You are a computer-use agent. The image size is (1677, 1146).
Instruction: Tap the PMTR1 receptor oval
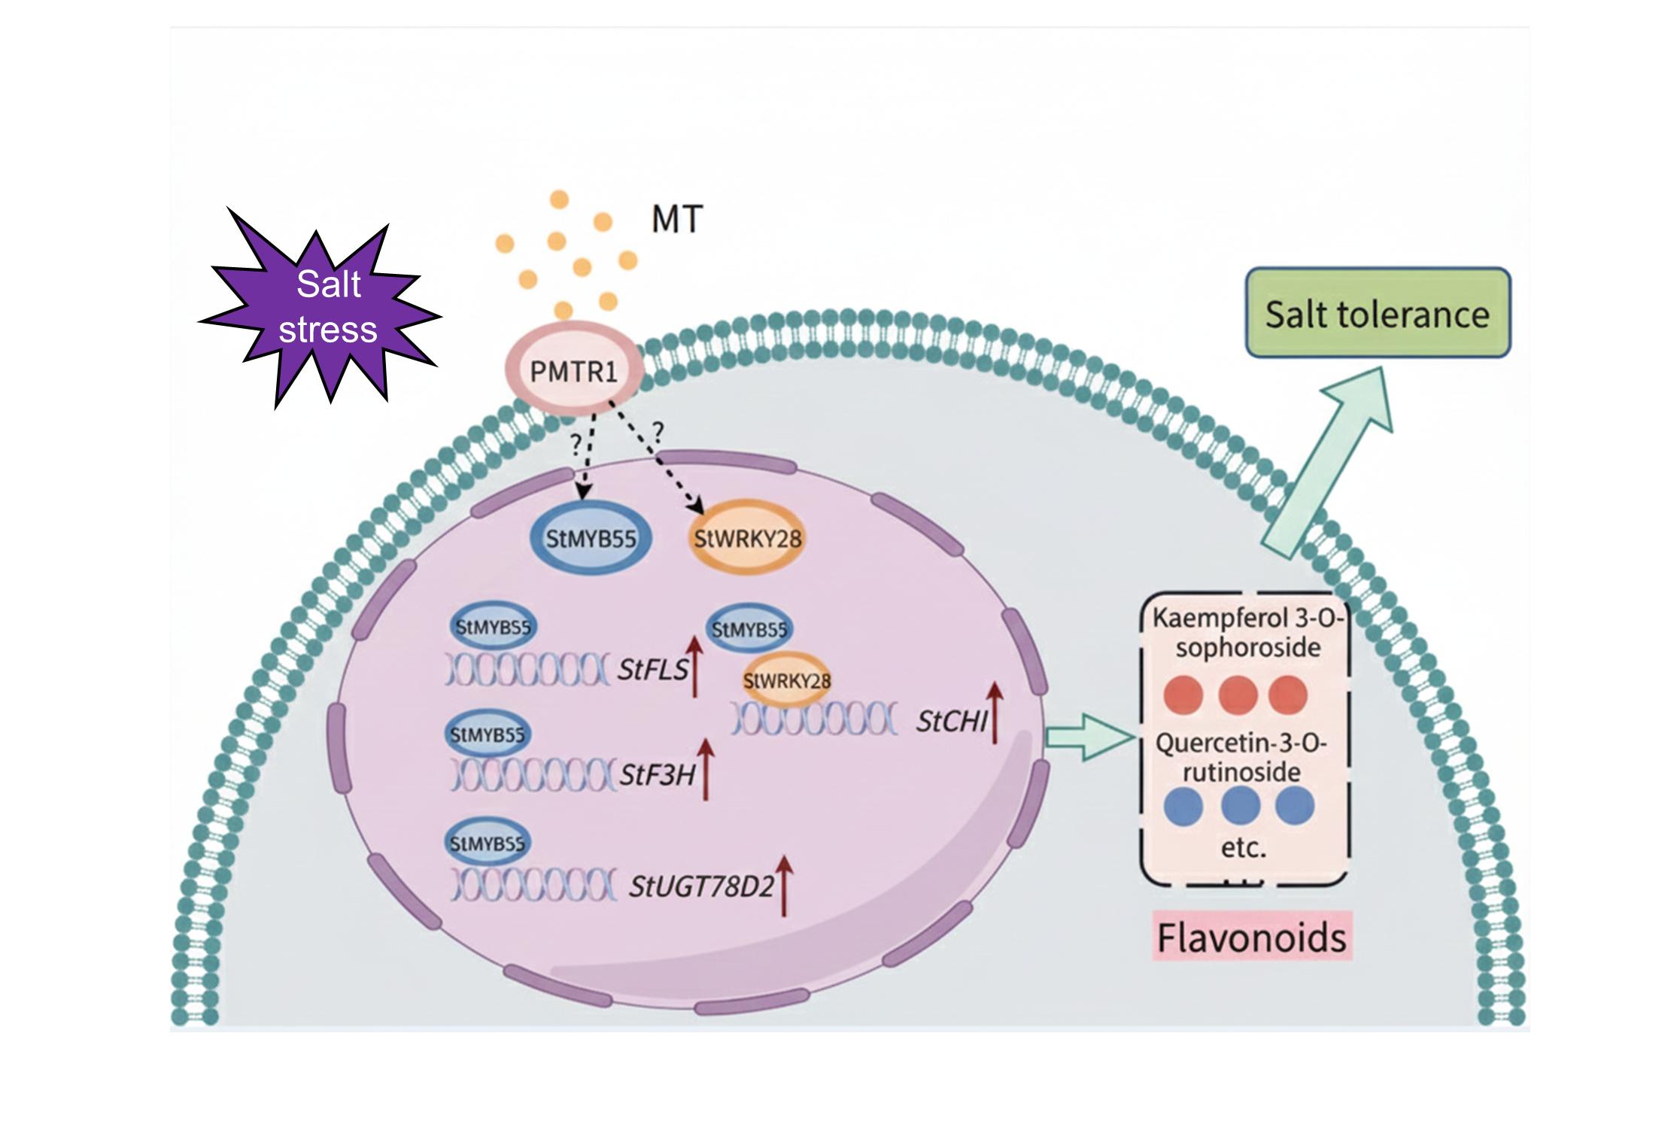point(573,372)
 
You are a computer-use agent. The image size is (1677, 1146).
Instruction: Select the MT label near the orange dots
point(677,220)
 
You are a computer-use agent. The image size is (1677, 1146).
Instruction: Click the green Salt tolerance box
point(1377,313)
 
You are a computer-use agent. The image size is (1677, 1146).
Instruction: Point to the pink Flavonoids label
point(1252,938)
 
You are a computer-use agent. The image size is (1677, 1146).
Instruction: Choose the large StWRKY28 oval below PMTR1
point(747,539)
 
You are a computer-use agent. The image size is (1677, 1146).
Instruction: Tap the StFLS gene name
point(652,669)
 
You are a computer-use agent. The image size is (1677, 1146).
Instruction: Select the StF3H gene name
point(657,775)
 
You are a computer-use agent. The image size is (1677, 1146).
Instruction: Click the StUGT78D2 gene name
point(701,887)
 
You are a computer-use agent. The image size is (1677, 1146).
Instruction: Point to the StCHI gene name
point(951,722)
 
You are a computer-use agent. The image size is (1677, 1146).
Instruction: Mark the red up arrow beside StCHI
point(995,712)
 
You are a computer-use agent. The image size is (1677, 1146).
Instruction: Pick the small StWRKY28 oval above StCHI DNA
point(787,681)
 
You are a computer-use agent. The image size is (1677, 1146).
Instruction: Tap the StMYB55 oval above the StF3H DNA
point(488,734)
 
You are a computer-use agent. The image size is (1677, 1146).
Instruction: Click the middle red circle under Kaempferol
point(1238,694)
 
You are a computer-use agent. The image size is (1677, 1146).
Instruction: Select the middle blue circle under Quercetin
point(1241,806)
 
